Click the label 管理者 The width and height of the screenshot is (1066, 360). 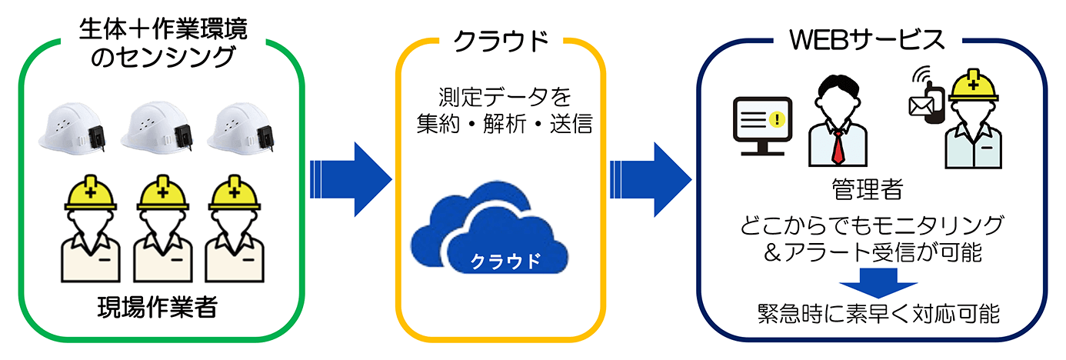[x=867, y=188]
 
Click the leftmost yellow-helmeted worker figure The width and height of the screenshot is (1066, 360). [x=90, y=231]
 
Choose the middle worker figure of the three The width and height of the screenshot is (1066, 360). [x=162, y=231]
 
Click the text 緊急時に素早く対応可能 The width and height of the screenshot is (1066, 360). [x=878, y=314]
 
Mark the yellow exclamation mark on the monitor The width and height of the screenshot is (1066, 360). [x=779, y=119]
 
